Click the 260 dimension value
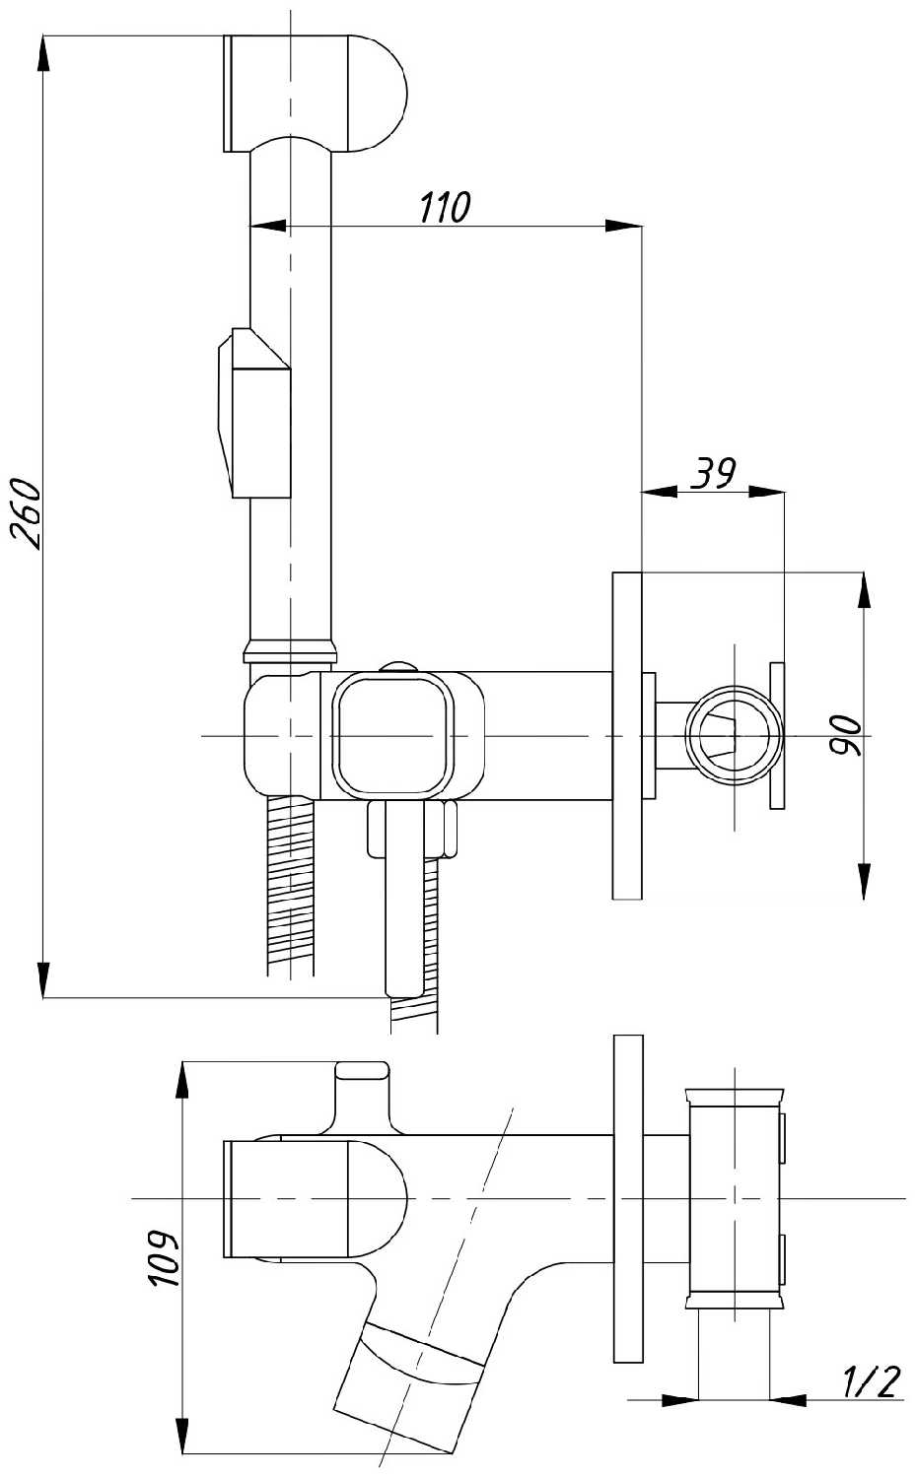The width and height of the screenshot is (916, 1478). click(x=28, y=512)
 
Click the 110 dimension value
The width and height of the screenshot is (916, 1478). click(x=445, y=207)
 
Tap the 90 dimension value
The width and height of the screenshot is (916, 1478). click(x=844, y=735)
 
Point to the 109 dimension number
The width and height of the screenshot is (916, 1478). click(x=164, y=1257)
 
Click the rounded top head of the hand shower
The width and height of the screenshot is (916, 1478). click(x=315, y=93)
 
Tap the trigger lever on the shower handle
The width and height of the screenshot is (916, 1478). click(x=254, y=413)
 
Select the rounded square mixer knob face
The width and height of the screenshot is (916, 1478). click(x=393, y=734)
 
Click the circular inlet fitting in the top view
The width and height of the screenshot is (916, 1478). click(x=734, y=735)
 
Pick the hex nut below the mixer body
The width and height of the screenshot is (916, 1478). click(x=411, y=830)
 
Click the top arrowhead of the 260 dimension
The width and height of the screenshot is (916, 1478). click(x=43, y=52)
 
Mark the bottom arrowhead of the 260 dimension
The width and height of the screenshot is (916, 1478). click(x=43, y=979)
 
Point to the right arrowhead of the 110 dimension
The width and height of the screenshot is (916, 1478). click(x=624, y=227)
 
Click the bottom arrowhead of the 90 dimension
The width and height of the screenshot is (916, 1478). click(x=865, y=882)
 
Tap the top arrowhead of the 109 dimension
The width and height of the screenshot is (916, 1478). click(x=182, y=1079)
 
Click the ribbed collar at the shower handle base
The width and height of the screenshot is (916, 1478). click(x=291, y=650)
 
